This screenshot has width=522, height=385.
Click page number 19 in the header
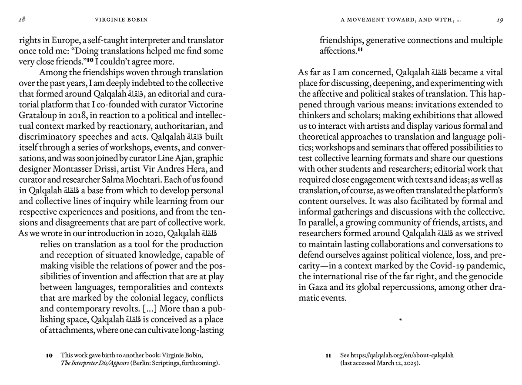coord(499,20)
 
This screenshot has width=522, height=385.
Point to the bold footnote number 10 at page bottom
coord(49,355)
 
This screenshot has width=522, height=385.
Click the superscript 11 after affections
coord(360,50)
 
